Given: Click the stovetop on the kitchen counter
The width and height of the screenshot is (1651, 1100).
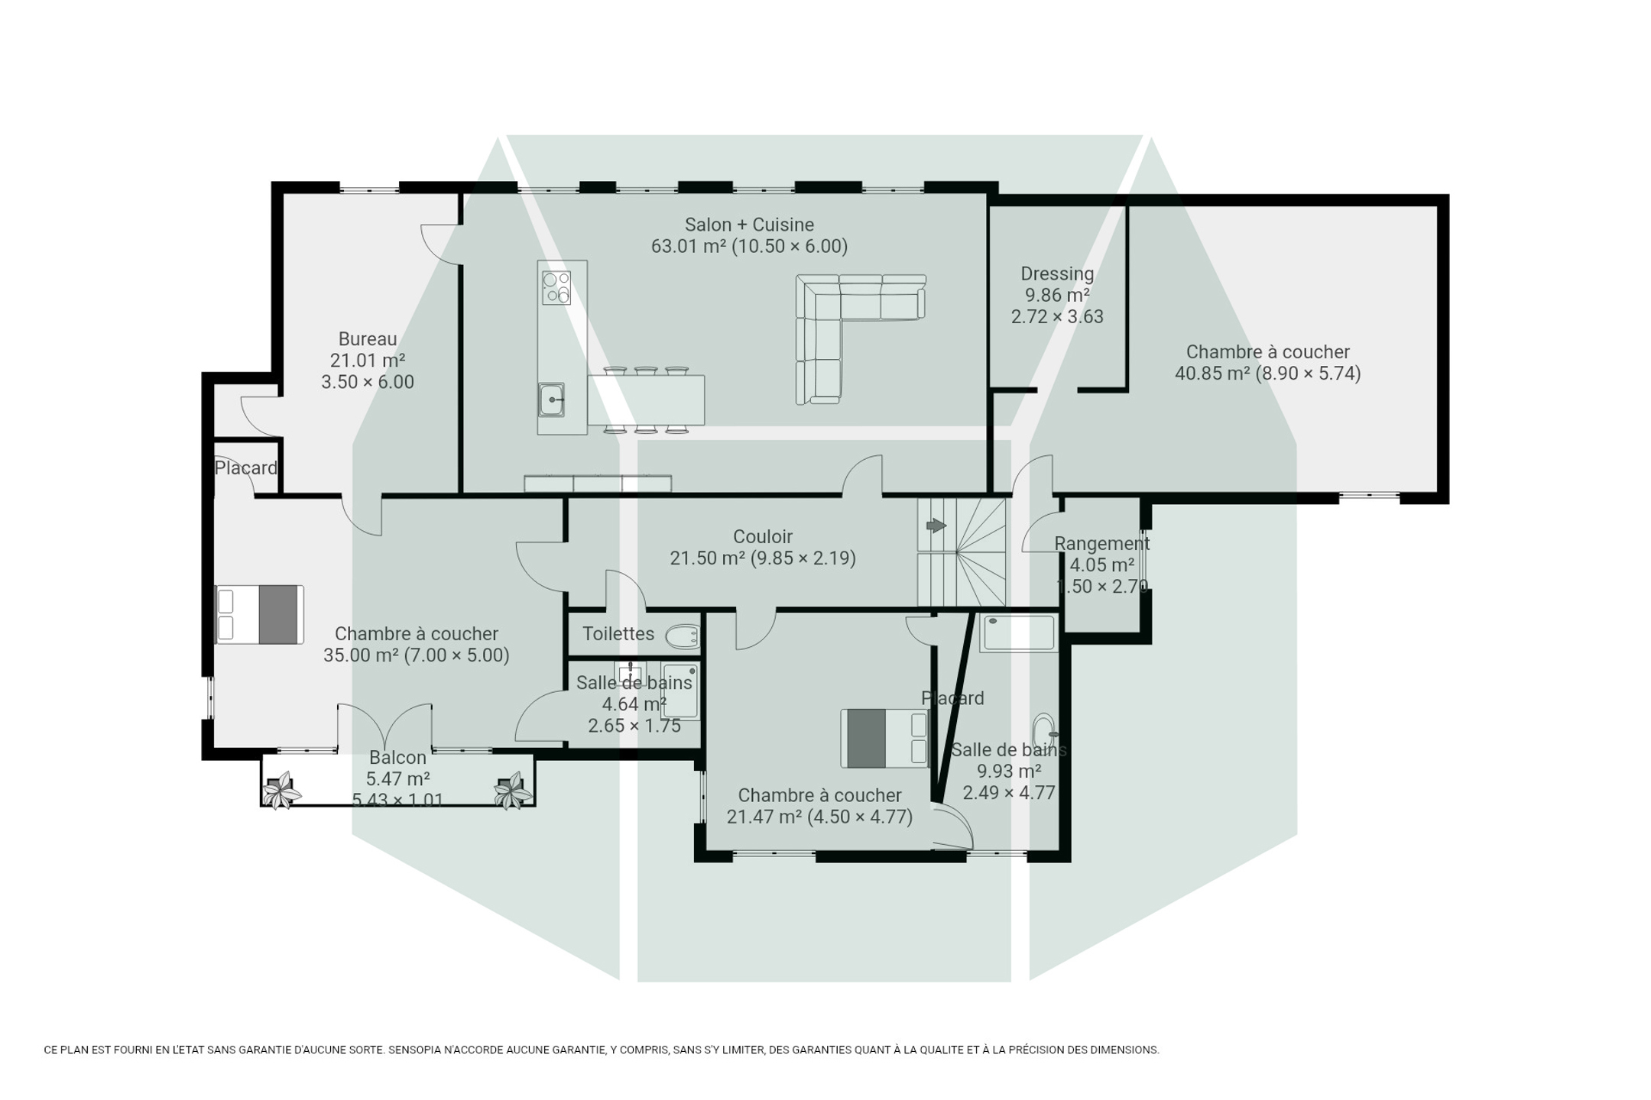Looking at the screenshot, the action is click(x=556, y=288).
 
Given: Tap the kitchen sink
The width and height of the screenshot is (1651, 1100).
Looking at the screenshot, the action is click(x=551, y=400).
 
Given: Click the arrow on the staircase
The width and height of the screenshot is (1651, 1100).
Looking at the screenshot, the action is click(x=936, y=526).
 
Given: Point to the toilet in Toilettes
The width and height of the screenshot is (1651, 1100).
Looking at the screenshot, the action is click(x=683, y=636).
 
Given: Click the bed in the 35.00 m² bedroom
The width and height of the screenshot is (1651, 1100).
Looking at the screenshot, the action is click(x=259, y=614).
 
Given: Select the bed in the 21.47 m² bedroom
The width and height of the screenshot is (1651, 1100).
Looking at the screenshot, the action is click(x=884, y=738).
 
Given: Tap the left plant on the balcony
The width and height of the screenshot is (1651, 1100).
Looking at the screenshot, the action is click(x=281, y=790).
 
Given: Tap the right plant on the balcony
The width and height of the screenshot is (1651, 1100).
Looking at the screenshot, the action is click(x=513, y=790).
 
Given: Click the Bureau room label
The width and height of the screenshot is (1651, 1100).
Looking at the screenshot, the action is click(x=368, y=338).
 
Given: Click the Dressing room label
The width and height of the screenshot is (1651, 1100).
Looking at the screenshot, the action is click(x=1057, y=273).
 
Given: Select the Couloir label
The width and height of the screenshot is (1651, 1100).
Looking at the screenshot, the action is click(x=763, y=536).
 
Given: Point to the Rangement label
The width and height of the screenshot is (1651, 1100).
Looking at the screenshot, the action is click(x=1101, y=543).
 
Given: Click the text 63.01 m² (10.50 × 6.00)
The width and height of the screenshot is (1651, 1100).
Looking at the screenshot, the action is click(x=749, y=246).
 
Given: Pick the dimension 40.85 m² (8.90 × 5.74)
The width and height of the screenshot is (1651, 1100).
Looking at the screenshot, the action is click(x=1267, y=374).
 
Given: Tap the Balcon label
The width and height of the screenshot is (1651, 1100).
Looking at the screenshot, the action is click(x=397, y=757).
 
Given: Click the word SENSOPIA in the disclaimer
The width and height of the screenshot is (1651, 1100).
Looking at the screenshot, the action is click(x=419, y=1050).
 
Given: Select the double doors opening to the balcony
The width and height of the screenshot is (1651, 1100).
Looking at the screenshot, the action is click(x=384, y=726).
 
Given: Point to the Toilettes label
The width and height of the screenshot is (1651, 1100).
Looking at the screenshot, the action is click(x=618, y=633).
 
